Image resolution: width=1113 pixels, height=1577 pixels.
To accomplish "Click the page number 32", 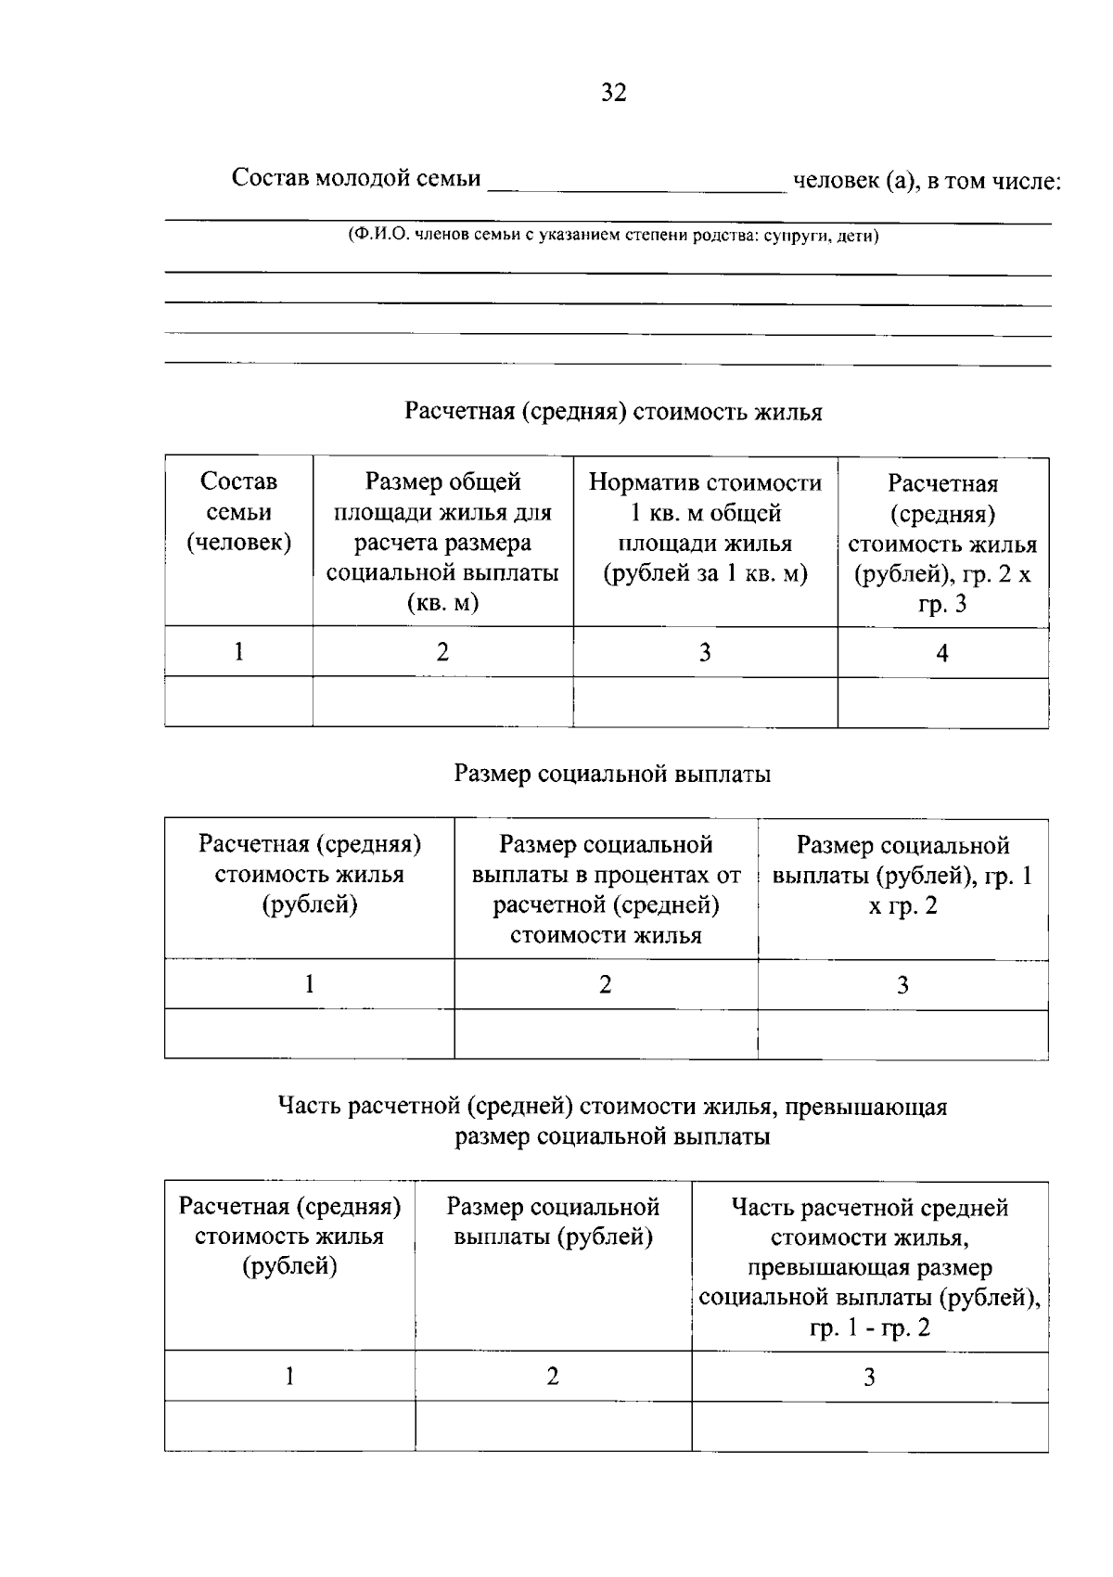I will coord(613,93).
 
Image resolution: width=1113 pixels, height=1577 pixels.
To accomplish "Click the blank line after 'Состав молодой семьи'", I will coord(636,182).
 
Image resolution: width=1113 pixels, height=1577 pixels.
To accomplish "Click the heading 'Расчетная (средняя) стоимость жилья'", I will coord(613,412).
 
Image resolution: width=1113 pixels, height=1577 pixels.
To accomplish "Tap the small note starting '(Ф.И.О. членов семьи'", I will coord(613,236).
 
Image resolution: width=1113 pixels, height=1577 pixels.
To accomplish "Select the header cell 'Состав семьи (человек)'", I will coord(238,512).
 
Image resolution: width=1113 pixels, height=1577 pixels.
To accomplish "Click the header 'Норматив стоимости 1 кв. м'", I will coord(705,527).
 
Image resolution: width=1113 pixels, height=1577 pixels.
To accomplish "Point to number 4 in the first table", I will coord(941,654).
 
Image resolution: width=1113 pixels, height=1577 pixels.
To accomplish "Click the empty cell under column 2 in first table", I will coord(442,702).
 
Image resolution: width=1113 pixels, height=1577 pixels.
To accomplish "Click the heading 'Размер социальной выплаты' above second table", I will coord(612,774).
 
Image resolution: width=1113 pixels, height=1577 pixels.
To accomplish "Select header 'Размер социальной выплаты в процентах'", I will coord(606,889).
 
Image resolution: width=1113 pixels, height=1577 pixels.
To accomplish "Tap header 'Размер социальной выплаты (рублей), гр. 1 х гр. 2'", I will coord(902,875).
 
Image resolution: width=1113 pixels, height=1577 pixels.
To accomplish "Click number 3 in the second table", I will coord(902,985).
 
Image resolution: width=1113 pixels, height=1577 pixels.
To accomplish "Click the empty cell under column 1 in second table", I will coord(309,1034).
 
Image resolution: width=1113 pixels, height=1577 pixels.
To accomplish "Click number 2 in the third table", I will coord(553,1377).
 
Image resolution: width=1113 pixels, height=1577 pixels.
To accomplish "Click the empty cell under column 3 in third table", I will coord(869,1427).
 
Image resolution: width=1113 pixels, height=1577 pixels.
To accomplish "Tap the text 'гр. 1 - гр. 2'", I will coord(869,1328).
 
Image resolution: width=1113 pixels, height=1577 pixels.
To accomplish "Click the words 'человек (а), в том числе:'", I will coord(926,181).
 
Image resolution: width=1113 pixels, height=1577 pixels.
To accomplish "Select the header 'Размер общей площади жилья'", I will coord(442,543).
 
